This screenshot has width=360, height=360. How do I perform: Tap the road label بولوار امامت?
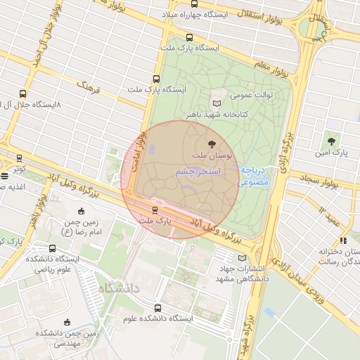[x=143, y=146]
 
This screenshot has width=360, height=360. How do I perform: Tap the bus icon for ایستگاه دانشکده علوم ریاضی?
[x=53, y=248]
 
